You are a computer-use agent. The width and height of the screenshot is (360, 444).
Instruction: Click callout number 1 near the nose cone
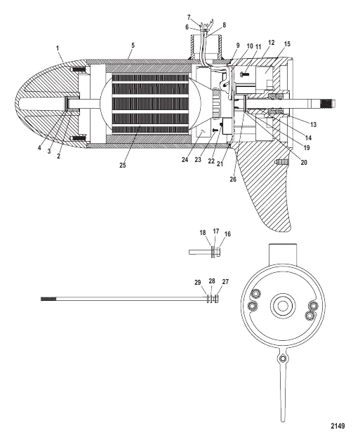pos(58,48)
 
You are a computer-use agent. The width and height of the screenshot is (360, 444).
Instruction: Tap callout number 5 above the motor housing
pos(133,46)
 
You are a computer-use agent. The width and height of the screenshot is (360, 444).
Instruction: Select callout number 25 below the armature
pos(122,165)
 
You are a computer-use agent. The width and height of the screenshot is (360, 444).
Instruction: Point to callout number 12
pos(271,43)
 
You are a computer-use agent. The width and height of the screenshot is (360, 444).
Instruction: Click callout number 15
pos(287,44)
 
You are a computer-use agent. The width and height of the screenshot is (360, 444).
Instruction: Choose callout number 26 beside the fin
pos(233,180)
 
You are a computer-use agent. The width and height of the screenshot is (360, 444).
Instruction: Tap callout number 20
pos(304,163)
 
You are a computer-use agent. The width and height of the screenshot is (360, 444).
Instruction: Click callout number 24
pos(185,160)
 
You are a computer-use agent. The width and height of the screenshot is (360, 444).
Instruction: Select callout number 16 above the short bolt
pos(227,234)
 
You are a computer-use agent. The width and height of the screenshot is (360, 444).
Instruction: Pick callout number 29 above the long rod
pos(197,282)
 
